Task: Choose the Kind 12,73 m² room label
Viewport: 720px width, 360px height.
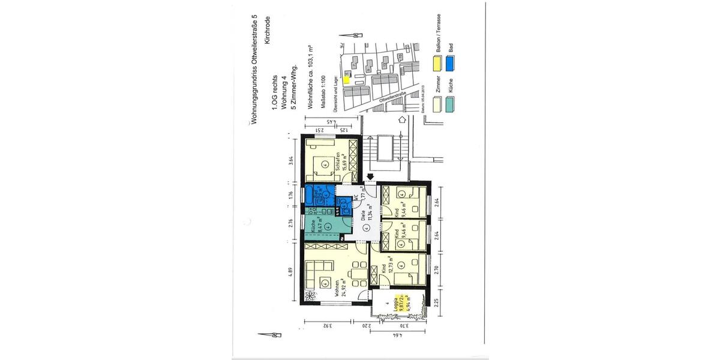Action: click(x=388, y=278)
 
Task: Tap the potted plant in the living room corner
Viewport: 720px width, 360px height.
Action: click(x=310, y=296)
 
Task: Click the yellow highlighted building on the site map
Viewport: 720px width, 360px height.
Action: click(x=347, y=77)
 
